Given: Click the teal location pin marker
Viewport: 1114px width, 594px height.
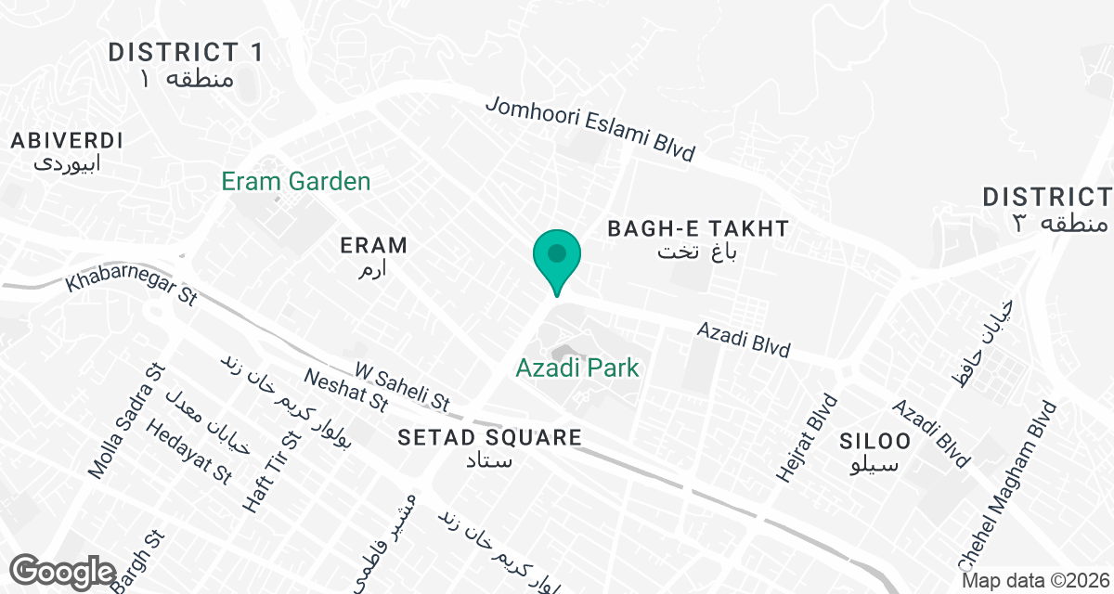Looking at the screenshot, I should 556,257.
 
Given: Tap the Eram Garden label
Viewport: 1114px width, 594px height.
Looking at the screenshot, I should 296,182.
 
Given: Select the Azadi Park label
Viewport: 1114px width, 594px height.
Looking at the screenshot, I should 577,368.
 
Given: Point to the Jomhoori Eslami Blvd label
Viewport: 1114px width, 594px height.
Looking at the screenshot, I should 590,131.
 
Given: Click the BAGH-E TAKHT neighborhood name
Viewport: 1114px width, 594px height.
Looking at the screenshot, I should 697,228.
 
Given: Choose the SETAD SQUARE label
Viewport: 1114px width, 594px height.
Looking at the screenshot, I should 489,438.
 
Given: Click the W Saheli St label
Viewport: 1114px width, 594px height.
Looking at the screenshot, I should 402,387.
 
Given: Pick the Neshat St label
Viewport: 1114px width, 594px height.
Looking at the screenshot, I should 346,389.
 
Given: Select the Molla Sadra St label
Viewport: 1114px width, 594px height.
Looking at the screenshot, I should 123,421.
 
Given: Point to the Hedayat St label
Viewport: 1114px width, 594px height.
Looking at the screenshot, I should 188,452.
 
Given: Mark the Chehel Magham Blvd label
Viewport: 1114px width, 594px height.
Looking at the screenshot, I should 1007,486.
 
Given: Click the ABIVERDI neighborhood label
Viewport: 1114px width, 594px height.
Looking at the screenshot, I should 67,141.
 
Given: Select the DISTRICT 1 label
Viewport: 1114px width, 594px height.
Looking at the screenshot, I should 186,52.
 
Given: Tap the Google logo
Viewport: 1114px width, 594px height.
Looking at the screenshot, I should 64,570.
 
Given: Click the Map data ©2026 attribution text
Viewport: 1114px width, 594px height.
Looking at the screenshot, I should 1034,581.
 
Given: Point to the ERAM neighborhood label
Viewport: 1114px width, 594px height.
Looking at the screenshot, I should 373,246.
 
